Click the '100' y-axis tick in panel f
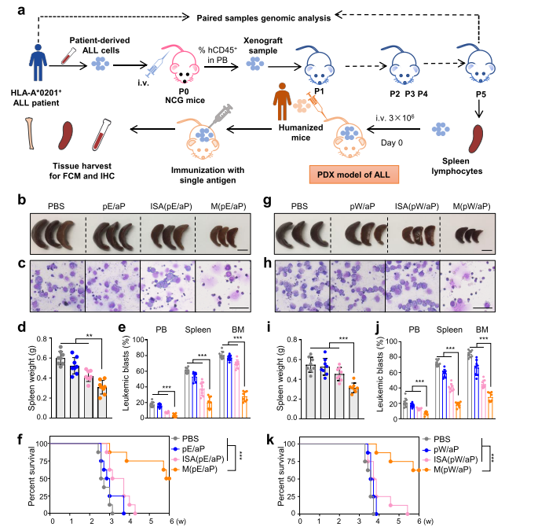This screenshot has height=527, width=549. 42,444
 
